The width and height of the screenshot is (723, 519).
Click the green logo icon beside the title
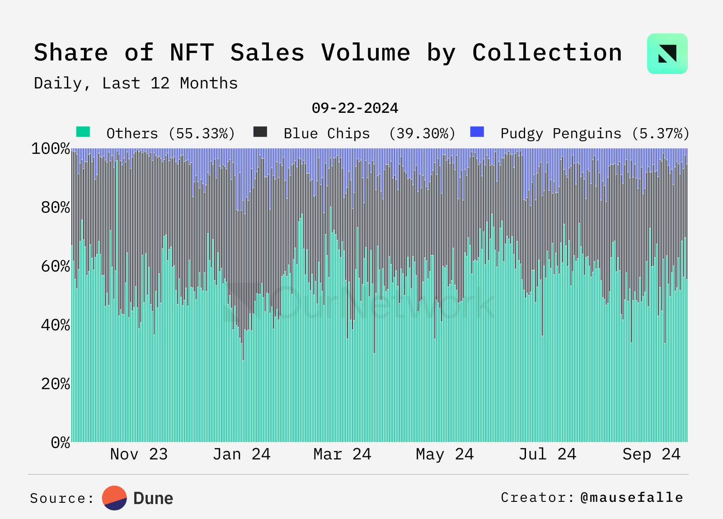(667, 54)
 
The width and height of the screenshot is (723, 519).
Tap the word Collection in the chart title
(547, 53)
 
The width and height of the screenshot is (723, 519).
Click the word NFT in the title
(192, 53)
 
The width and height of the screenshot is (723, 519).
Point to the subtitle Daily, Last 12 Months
(136, 83)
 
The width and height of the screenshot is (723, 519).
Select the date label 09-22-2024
(355, 108)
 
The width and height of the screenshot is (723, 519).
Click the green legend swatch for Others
(83, 132)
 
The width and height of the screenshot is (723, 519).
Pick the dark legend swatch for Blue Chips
(260, 132)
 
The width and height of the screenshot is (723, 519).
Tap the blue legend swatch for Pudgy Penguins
(477, 132)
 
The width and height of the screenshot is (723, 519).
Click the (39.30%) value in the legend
(422, 134)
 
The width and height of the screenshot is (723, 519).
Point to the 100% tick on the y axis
(51, 149)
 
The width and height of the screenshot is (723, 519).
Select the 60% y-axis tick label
(55, 266)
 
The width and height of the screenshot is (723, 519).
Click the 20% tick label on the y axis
(55, 384)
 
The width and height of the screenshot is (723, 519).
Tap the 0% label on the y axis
(60, 443)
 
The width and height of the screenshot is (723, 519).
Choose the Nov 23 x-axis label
(139, 454)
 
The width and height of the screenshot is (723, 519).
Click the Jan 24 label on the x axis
(241, 454)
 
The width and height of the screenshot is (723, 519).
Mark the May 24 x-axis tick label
(445, 454)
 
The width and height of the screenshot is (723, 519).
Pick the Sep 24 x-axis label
(651, 454)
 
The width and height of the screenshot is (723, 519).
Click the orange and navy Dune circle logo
(114, 498)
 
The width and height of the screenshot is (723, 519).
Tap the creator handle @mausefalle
(632, 498)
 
